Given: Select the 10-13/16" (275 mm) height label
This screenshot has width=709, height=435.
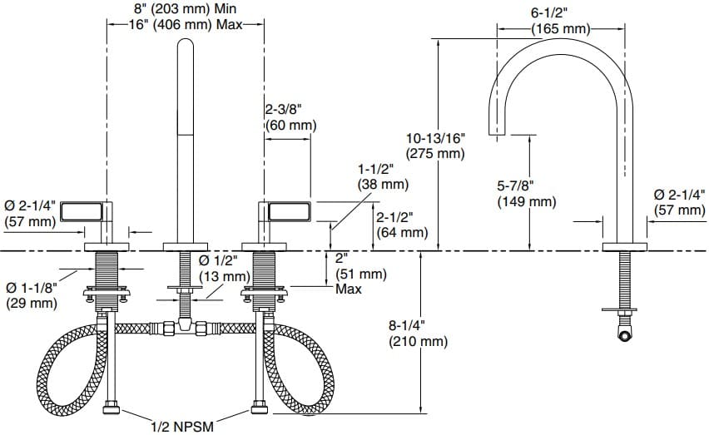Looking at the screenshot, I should click(435, 145).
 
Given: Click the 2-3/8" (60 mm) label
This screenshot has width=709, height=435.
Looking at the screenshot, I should click(290, 116).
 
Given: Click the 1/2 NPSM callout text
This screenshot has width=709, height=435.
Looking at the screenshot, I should click(182, 427).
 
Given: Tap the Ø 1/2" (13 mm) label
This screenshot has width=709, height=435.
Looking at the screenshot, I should click(225, 267).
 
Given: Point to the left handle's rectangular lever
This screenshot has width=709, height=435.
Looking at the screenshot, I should click(85, 208).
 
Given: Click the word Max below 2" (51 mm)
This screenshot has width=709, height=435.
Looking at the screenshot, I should click(348, 289).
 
